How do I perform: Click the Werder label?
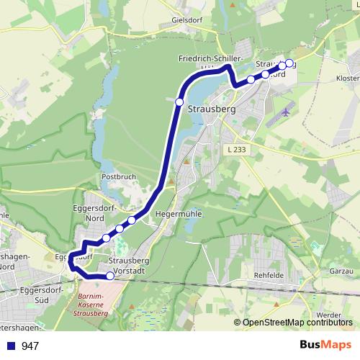click(328, 315)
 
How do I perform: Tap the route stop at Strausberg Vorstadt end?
click(110, 276)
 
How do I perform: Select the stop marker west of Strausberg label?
click(179, 102)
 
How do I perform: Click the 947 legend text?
click(30, 346)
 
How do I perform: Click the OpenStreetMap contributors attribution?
click(296, 323)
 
